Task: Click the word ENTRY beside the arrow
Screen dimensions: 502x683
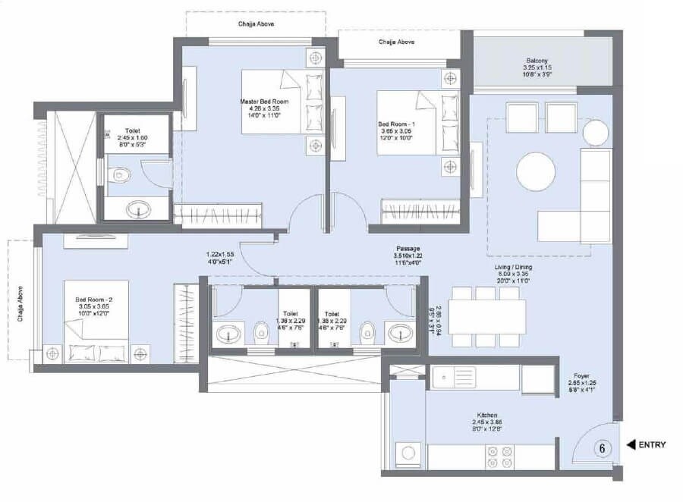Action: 652,445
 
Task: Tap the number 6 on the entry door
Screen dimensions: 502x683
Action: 603,448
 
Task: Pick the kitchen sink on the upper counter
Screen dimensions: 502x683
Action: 454,376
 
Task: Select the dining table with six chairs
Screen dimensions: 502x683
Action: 487,316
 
